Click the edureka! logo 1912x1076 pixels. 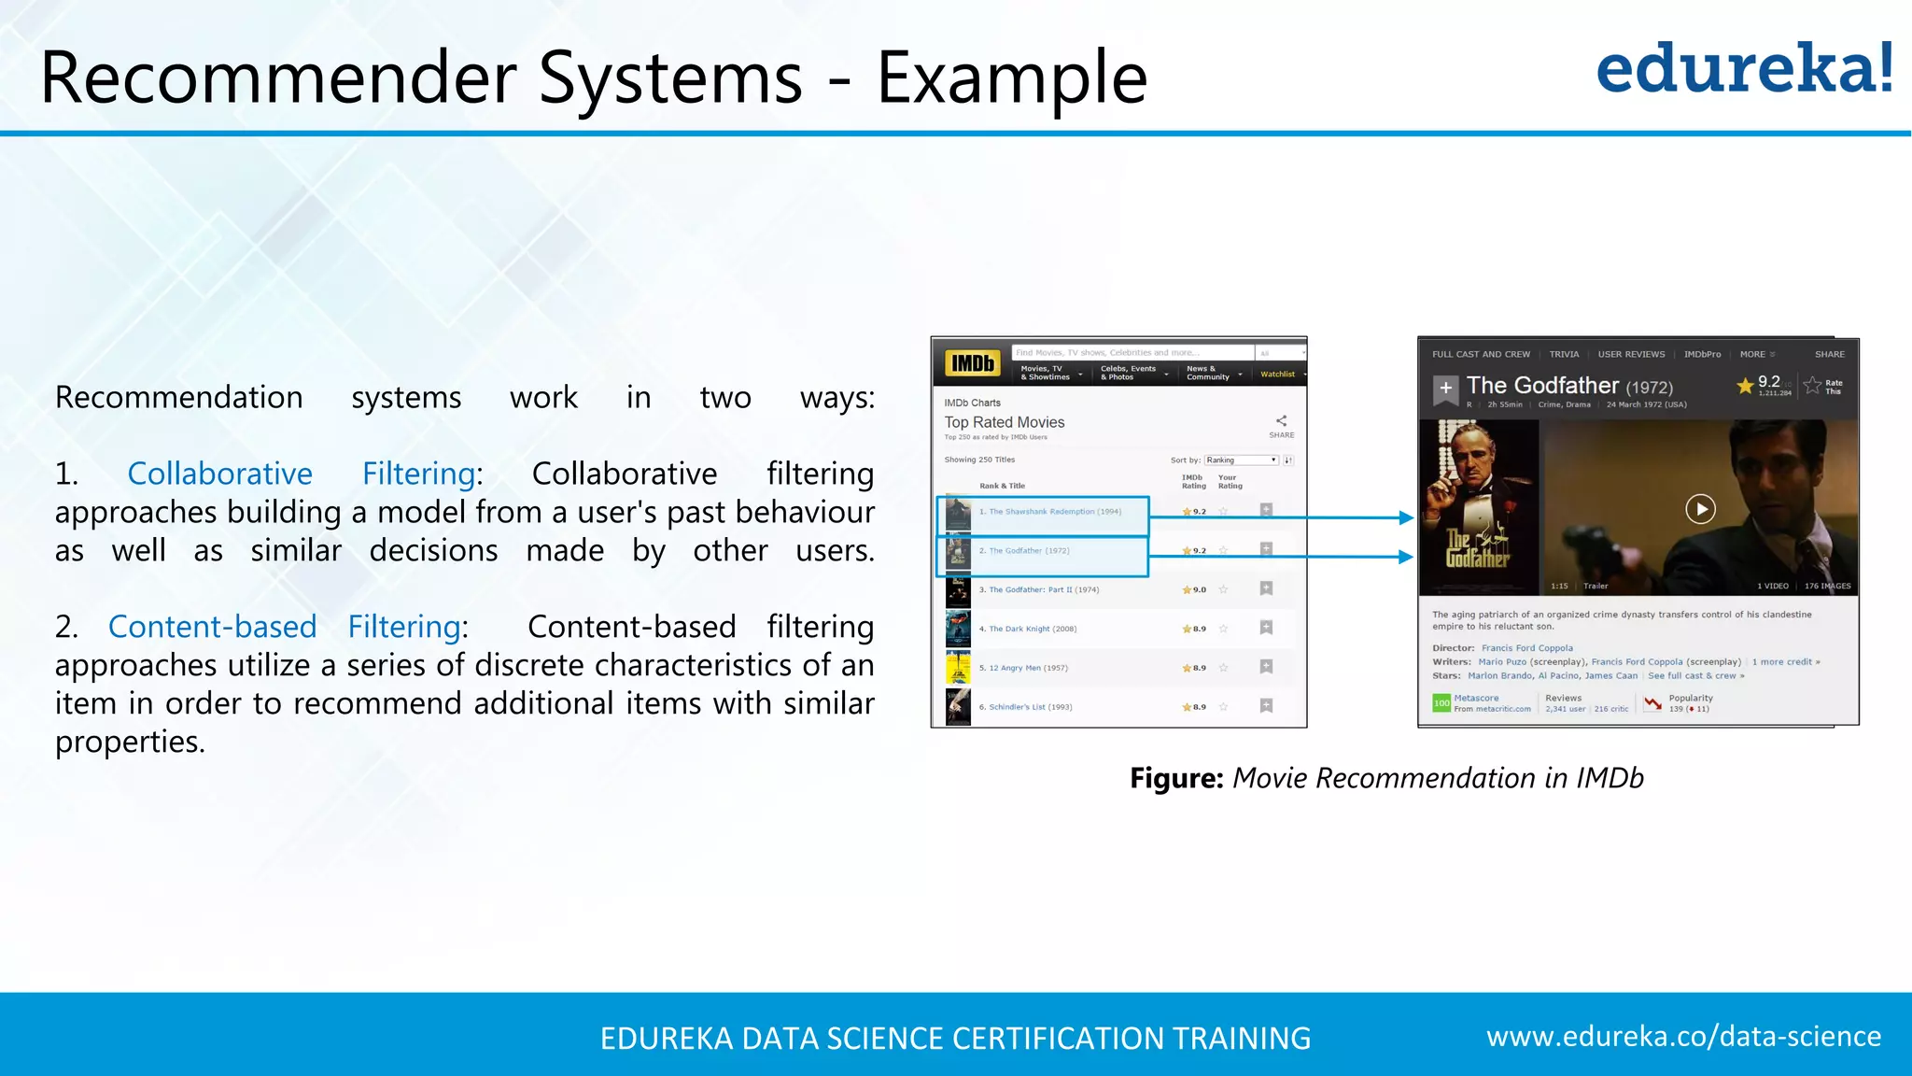coord(1744,69)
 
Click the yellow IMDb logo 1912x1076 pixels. coord(972,363)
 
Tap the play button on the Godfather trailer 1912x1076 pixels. coord(1700,509)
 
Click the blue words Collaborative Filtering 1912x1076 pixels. coord(304,474)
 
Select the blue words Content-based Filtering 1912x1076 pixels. coord(284,627)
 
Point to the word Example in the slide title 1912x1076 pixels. coord(1011,78)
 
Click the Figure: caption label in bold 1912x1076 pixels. coord(1175,778)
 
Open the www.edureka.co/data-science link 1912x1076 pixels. coord(1682,1037)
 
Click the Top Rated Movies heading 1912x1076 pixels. coord(1004,422)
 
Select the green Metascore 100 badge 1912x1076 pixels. coord(1441,702)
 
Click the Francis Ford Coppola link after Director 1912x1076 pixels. coord(1526,648)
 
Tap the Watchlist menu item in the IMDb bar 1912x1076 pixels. coord(1277,375)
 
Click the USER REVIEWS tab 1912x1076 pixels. coord(1631,355)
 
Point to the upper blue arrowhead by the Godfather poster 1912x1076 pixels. coord(1406,517)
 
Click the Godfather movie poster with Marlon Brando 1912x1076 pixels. coord(1478,506)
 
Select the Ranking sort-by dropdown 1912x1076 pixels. coord(1240,460)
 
